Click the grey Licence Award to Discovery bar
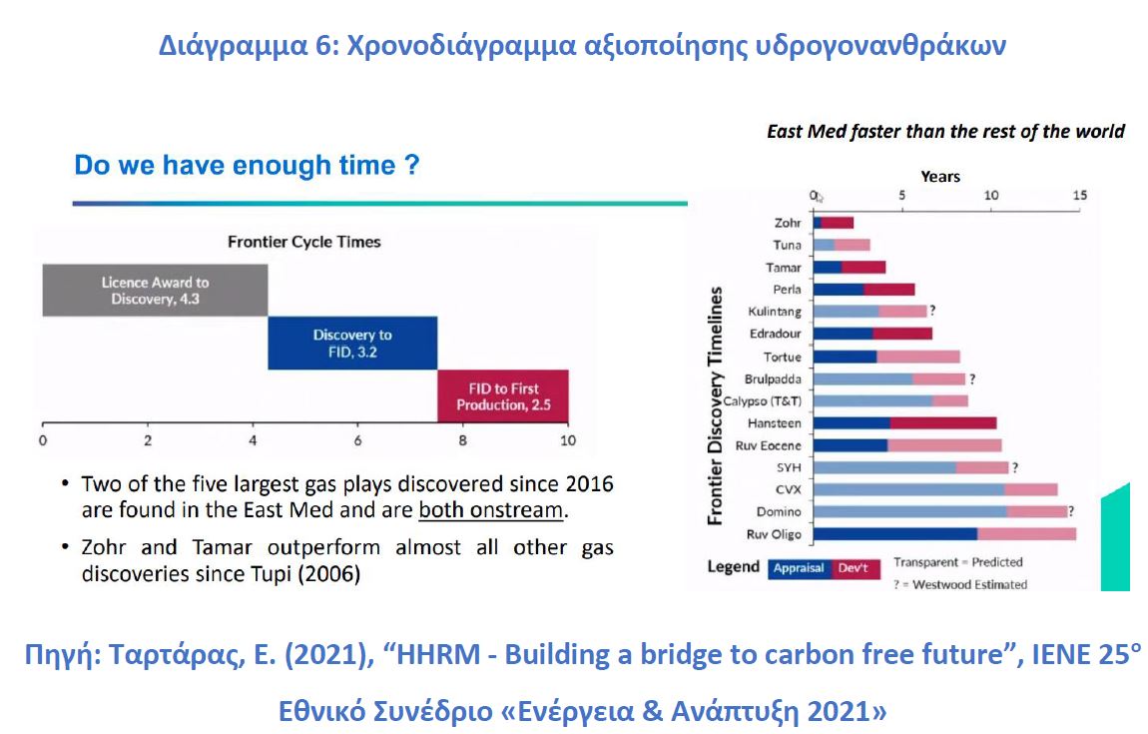[155, 290]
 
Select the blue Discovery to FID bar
[352, 343]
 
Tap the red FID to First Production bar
[503, 396]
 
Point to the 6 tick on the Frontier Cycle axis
[358, 440]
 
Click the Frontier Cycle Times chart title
[303, 242]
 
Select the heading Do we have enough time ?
[247, 165]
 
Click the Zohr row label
[788, 223]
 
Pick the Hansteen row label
[775, 423]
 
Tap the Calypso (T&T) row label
[762, 401]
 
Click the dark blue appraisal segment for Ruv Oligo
[894, 534]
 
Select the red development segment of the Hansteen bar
[943, 422]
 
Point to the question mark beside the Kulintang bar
[932, 311]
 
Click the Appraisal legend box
[799, 568]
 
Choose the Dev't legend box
[856, 568]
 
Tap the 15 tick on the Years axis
[1080, 195]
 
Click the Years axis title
[940, 177]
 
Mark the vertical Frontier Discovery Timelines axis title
[715, 405]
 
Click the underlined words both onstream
[490, 510]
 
